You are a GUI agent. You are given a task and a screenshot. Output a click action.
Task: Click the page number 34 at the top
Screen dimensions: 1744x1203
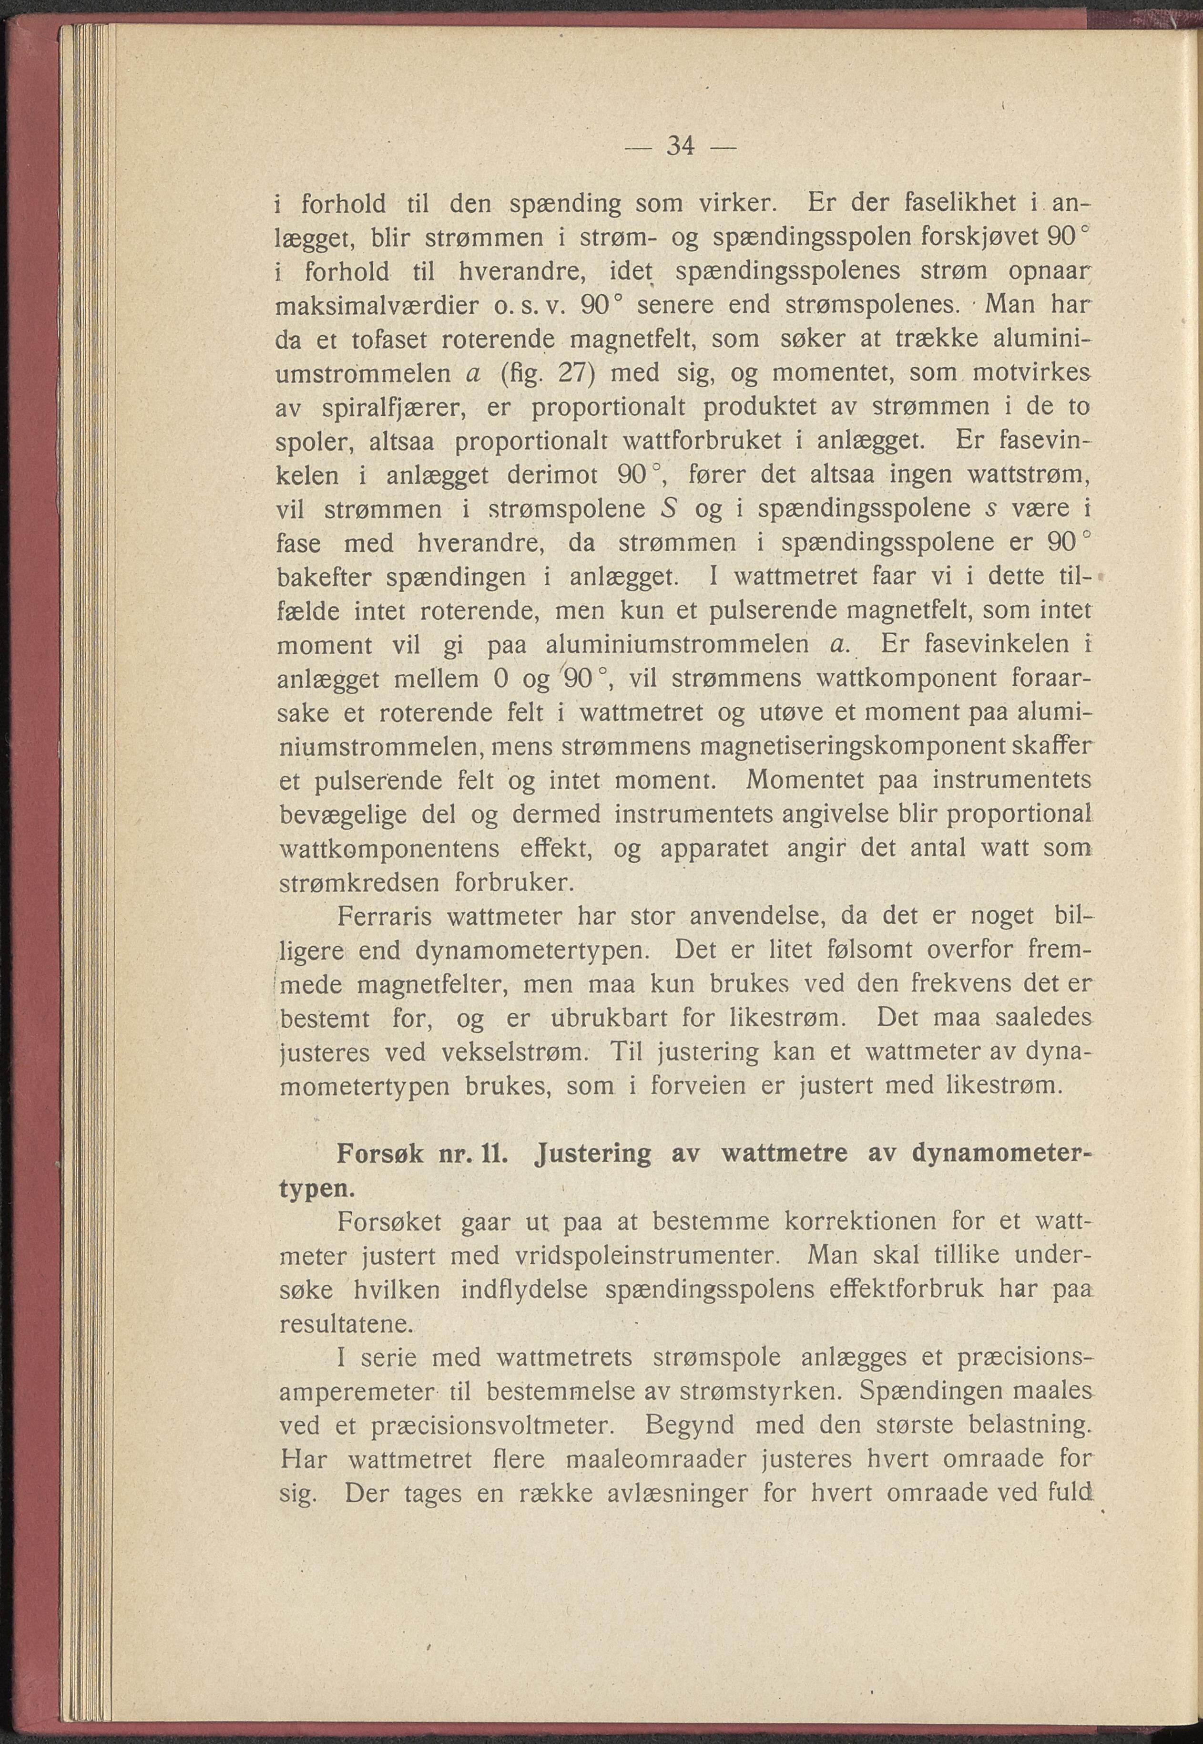click(x=681, y=145)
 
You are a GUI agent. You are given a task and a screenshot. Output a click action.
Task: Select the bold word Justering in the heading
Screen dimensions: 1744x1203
click(x=591, y=1155)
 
